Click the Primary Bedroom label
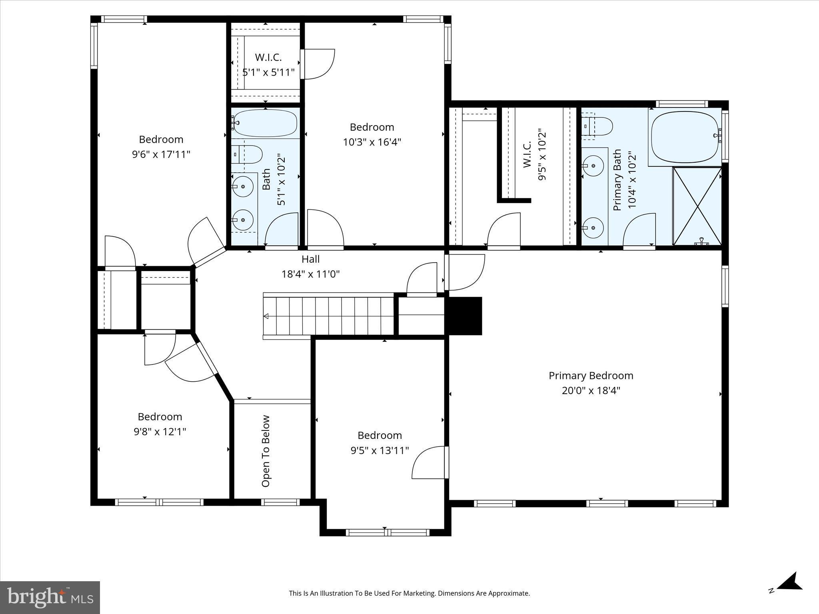coord(591,376)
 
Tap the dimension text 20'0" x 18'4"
coord(591,391)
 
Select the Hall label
coord(310,259)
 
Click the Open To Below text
coord(266,451)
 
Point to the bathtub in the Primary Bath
coord(685,137)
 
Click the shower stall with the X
coord(697,206)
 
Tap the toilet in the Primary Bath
coord(598,126)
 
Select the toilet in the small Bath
coord(248,154)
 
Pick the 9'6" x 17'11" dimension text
coord(161,154)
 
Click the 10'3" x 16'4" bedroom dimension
coord(372,142)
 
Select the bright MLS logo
coord(50,597)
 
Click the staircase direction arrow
coord(266,317)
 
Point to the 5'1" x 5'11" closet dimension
coord(268,72)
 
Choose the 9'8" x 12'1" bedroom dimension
coord(160,432)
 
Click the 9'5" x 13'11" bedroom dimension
coord(380,450)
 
